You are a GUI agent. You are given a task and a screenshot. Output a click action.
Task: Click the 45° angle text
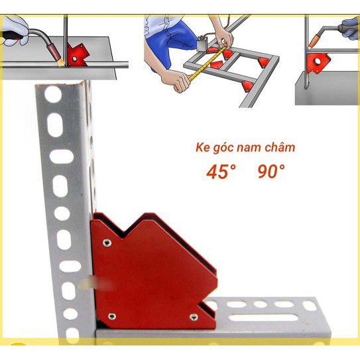[x=221, y=172]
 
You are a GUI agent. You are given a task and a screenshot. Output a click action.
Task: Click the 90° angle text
[x=271, y=172]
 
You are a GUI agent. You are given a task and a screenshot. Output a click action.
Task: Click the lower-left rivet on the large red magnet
[x=111, y=316]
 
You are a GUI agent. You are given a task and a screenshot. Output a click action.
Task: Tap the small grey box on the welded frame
[x=200, y=46]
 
